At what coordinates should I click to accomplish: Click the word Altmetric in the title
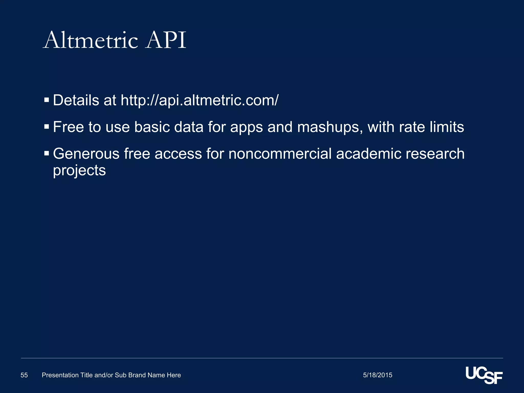point(91,40)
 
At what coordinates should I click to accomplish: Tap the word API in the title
point(166,40)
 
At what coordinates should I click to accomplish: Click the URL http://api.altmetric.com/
point(200,100)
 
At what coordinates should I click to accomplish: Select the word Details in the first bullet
point(76,100)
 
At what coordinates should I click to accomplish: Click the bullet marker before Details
point(46,100)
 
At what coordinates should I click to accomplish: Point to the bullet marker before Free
point(46,126)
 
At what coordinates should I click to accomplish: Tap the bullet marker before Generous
point(46,153)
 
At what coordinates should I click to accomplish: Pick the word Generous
point(86,154)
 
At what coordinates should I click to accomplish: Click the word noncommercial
point(280,154)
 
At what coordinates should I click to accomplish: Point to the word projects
point(79,171)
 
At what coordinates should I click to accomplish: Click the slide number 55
point(24,375)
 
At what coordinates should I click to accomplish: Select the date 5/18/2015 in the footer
point(377,375)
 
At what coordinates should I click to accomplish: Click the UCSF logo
point(484,375)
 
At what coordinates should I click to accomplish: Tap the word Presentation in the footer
point(60,375)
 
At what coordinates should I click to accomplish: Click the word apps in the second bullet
point(246,127)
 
